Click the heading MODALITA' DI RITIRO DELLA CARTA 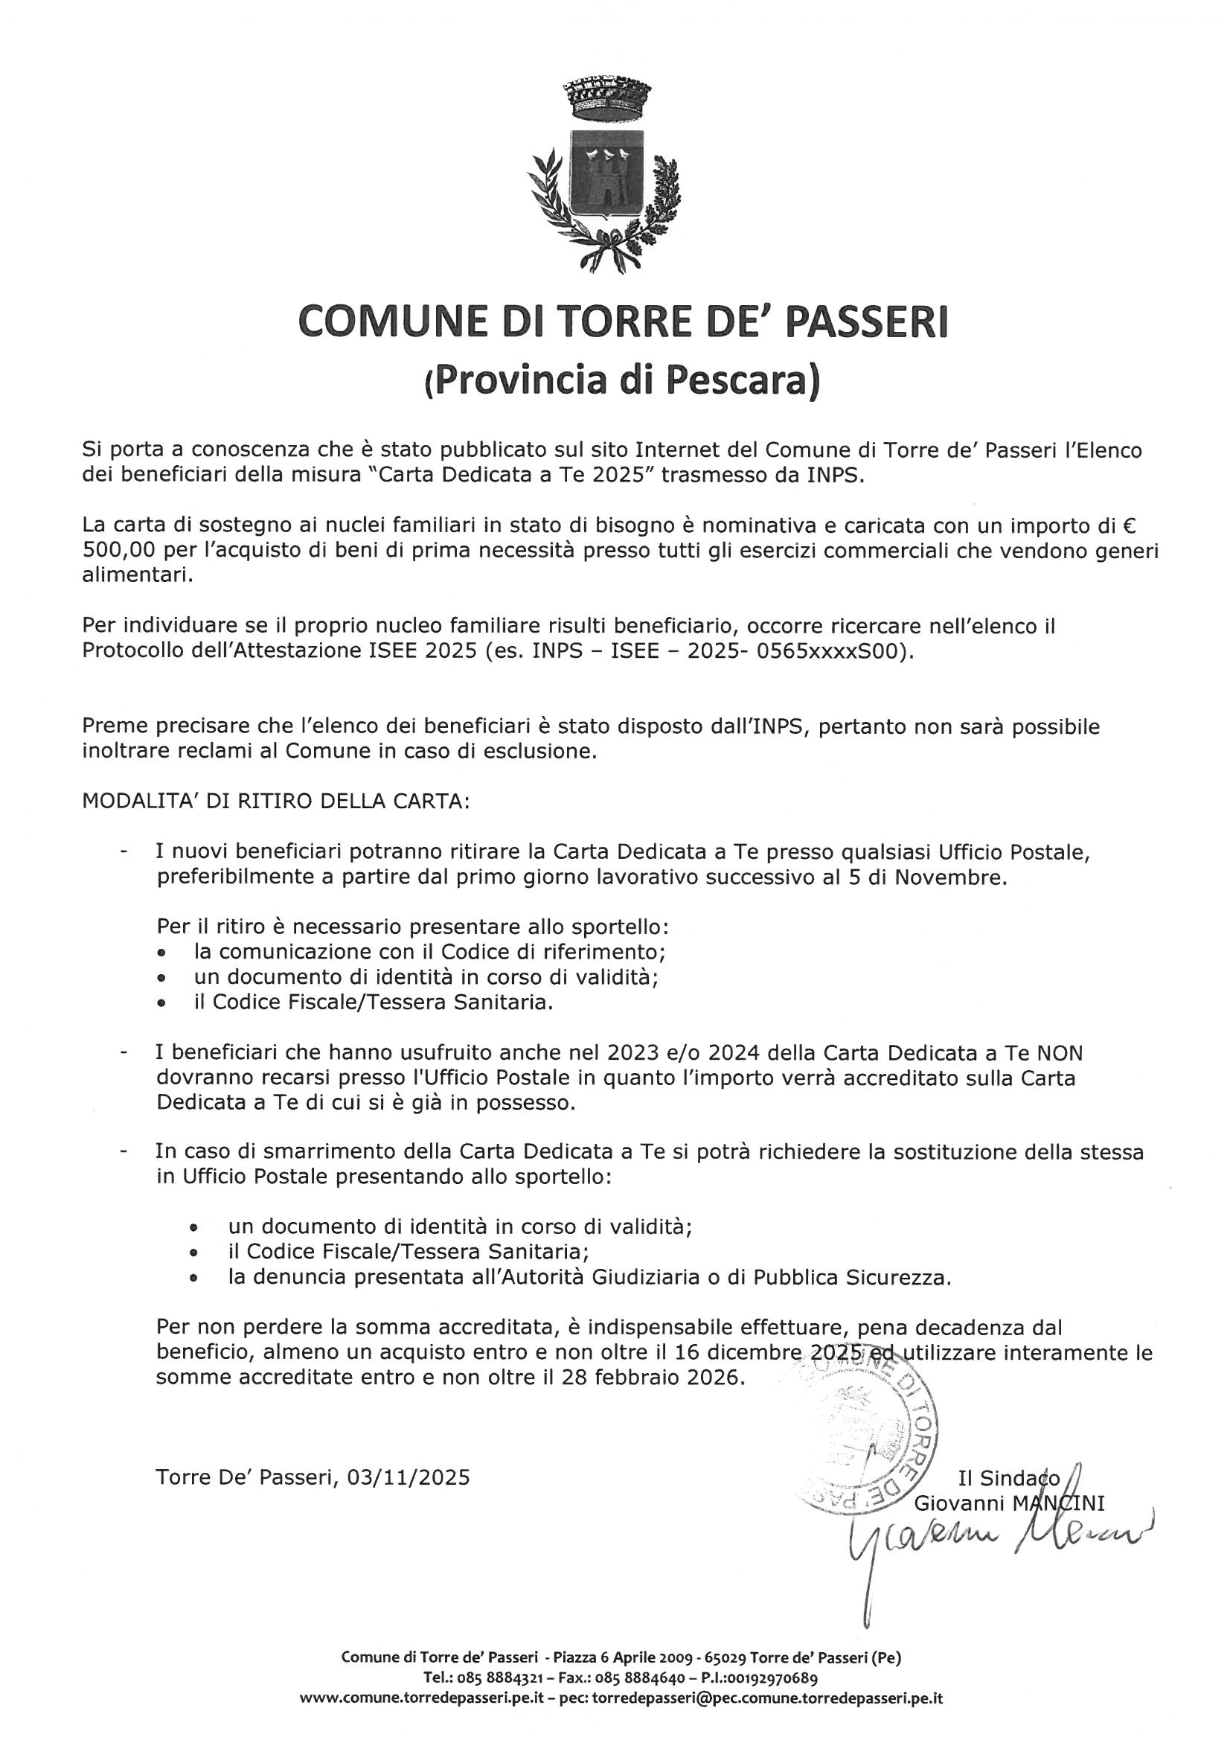[x=276, y=801]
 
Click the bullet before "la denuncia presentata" [x=196, y=1278]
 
